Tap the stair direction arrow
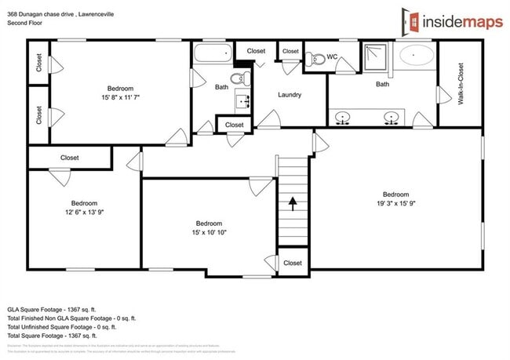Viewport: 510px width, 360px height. [x=293, y=204]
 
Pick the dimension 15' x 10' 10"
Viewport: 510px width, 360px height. [x=209, y=233]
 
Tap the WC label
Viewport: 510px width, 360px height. [x=331, y=56]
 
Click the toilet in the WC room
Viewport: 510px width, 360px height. [x=315, y=57]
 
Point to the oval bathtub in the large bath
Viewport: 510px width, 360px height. [x=416, y=55]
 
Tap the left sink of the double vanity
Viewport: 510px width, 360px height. [x=343, y=118]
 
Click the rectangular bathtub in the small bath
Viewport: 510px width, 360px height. [x=213, y=54]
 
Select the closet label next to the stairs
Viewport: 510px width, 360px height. [x=293, y=263]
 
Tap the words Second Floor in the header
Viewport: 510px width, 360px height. [x=25, y=24]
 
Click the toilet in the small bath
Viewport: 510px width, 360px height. [x=244, y=78]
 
